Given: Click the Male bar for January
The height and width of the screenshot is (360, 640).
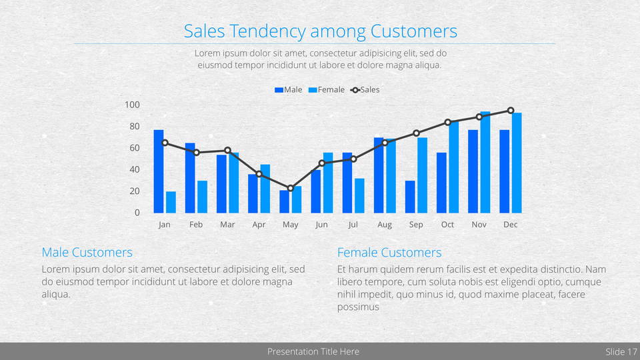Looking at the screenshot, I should [x=159, y=171].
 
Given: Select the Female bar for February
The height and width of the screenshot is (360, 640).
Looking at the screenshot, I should [x=202, y=197].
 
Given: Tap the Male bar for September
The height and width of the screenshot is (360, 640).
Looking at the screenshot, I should [x=410, y=197].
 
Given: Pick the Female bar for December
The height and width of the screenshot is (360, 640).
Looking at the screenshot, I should [x=517, y=163].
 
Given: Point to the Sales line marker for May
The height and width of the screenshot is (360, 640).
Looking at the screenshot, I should [x=290, y=188].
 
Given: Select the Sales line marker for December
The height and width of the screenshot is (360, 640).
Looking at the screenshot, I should [x=511, y=111].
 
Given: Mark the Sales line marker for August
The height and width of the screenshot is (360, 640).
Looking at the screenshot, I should [x=385, y=143].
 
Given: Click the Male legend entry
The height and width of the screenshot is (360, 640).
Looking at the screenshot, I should [x=289, y=90].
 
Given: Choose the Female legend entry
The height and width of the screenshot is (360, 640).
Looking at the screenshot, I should [x=327, y=90].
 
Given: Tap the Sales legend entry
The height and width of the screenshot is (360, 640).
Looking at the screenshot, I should [x=366, y=90].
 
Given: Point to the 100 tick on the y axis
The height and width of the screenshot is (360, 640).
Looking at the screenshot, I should [x=132, y=105].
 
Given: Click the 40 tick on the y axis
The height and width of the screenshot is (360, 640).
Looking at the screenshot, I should [x=134, y=169].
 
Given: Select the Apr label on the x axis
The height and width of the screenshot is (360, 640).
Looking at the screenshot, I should [x=259, y=225].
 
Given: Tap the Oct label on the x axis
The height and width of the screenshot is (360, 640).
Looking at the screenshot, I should [x=447, y=225].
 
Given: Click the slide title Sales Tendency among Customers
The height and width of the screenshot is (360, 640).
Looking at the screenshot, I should [x=320, y=31].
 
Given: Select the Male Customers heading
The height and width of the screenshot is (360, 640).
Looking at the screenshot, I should [x=87, y=253].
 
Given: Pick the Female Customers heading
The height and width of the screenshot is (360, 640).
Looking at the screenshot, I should [x=389, y=253].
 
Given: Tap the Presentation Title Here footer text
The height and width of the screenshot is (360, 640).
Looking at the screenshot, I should [x=313, y=351].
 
